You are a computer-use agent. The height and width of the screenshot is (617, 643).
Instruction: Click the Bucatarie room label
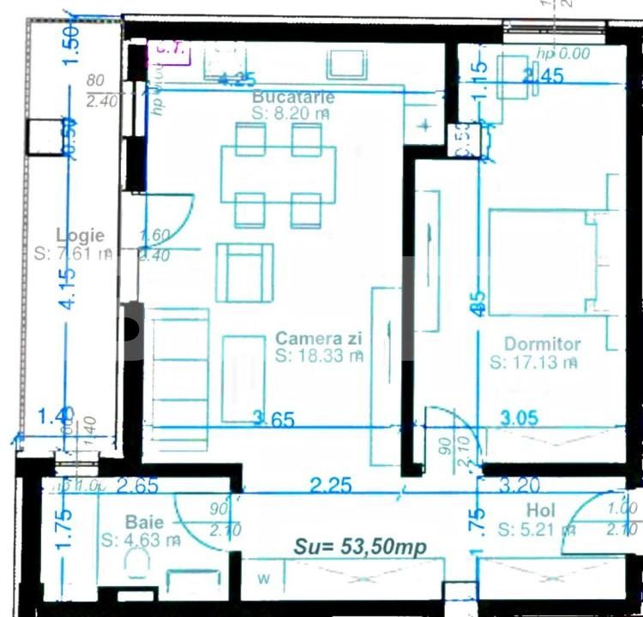pos(293,97)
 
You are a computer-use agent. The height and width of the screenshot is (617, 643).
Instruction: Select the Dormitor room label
pos(542,344)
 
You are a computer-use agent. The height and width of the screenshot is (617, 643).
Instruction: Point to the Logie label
pos(80,235)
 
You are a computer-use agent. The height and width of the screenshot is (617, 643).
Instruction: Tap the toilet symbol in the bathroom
pos(135,564)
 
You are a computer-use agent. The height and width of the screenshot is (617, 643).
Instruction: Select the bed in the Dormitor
pos(540,262)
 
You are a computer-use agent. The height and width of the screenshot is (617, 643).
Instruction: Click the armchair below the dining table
pos(244,273)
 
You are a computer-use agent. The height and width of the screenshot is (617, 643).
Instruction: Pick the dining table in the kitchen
pos(278,175)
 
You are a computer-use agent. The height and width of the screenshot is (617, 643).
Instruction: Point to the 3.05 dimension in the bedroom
pos(519,418)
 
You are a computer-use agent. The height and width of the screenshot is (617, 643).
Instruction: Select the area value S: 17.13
pos(533,362)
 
